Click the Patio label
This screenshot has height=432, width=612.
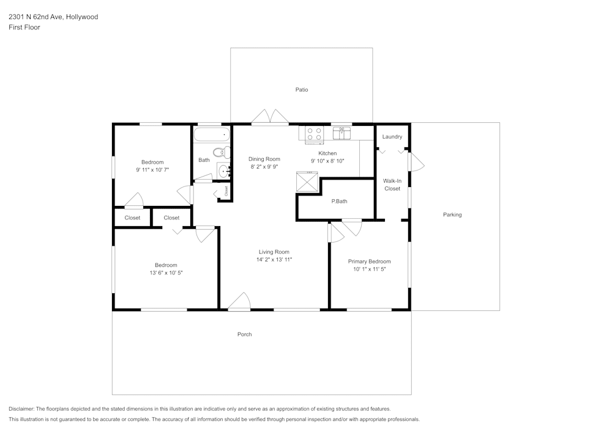tap(301, 90)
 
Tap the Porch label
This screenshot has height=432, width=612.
tap(244, 334)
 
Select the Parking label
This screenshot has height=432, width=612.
tap(452, 214)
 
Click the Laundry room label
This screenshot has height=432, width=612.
tap(392, 137)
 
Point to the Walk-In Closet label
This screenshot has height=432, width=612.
tap(392, 185)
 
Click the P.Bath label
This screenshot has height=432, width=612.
tap(339, 202)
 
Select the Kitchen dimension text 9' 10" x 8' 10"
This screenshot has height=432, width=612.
tap(327, 161)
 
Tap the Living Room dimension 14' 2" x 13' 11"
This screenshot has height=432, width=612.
tap(274, 260)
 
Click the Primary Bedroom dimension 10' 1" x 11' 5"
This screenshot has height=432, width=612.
tap(369, 269)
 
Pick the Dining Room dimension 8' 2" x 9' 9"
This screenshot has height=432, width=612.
tap(264, 167)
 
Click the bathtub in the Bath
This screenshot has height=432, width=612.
tap(212, 135)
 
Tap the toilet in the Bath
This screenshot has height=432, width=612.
tap(222, 152)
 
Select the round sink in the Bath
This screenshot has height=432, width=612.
tap(224, 170)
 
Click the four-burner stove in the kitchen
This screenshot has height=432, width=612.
tap(314, 134)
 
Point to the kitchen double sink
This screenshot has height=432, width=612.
tap(341, 133)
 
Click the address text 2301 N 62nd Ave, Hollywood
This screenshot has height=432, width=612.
tap(53, 16)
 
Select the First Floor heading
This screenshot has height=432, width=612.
tap(24, 27)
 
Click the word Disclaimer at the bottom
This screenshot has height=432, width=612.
tap(21, 409)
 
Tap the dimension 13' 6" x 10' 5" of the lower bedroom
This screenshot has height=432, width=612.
tap(166, 273)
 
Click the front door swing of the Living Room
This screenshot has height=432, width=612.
tap(239, 302)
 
